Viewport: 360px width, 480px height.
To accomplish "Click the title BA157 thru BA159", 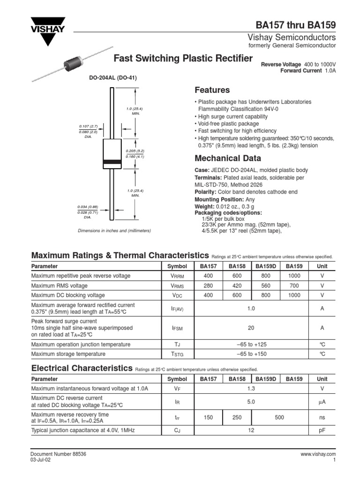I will [x=295, y=25].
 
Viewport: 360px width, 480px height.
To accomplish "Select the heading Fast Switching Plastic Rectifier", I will [x=184, y=59].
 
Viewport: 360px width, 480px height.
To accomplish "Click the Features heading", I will [x=212, y=90].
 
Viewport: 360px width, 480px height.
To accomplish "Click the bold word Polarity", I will [x=205, y=192].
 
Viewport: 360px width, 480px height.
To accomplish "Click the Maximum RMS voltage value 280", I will [x=208, y=285].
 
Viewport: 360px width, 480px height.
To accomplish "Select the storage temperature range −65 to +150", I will [x=251, y=354].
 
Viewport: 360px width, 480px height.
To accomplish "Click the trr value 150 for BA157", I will [x=208, y=417].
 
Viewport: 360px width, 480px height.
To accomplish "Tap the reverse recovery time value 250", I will [x=237, y=417].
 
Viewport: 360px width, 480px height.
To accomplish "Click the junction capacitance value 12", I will [x=251, y=429].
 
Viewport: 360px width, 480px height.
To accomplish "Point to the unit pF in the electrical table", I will [x=322, y=429].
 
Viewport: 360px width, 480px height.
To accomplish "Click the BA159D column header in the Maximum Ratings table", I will [x=266, y=266].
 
